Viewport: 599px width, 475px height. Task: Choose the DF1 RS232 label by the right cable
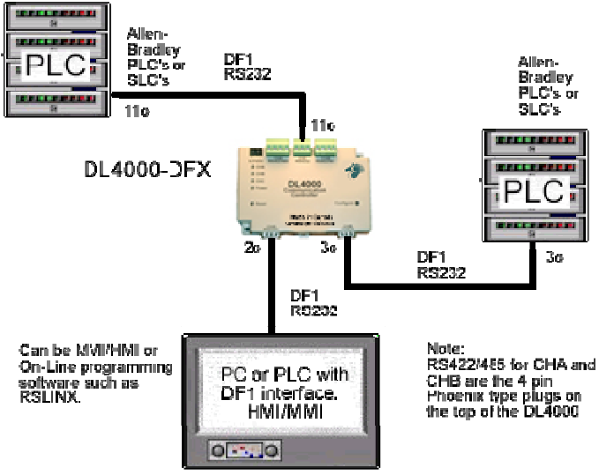[438, 265]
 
